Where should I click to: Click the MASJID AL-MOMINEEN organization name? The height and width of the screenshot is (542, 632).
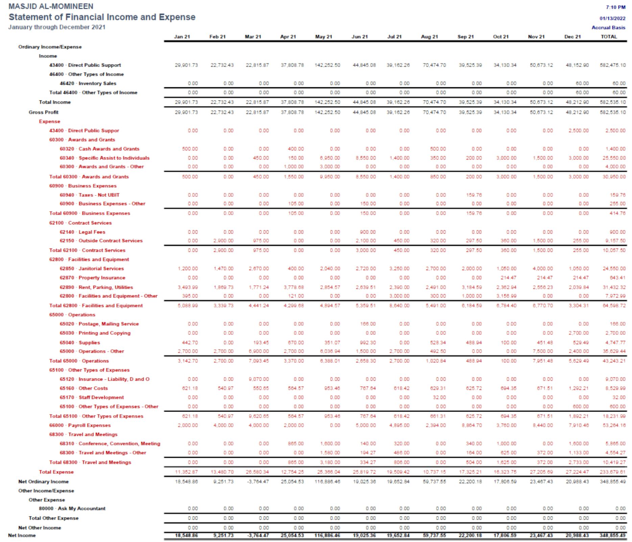point(51,6)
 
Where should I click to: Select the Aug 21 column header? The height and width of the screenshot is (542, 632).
point(429,37)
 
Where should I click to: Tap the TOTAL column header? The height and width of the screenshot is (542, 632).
point(609,37)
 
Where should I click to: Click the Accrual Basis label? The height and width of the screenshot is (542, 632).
point(608,28)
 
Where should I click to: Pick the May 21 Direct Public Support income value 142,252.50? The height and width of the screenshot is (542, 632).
point(327,65)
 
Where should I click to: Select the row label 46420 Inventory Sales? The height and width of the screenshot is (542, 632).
point(88,84)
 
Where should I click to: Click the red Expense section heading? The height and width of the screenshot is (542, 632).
point(49,121)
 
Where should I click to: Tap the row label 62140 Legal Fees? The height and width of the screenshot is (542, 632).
point(82,232)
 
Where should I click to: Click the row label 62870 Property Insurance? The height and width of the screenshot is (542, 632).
point(92,278)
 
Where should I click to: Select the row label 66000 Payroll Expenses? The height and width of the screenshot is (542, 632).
point(80,425)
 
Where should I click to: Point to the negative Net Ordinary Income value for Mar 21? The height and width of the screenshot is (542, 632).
point(259,481)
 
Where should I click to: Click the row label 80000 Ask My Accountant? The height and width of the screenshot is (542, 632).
point(72,509)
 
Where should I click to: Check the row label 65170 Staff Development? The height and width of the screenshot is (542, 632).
point(92,397)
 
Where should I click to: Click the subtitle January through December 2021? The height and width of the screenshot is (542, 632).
point(57,27)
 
